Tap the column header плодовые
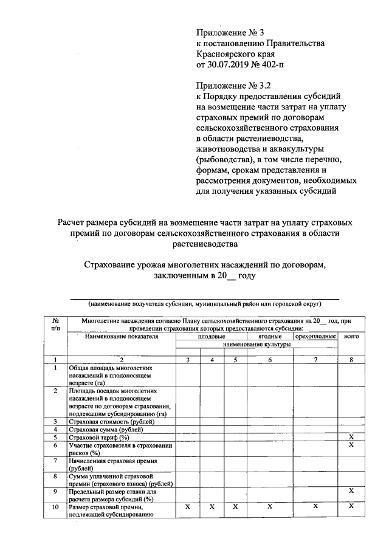tap(212, 335)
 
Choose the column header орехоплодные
tap(315, 335)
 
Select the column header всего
tap(351, 335)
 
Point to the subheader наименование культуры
tap(256, 344)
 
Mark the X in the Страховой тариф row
tap(351, 437)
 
